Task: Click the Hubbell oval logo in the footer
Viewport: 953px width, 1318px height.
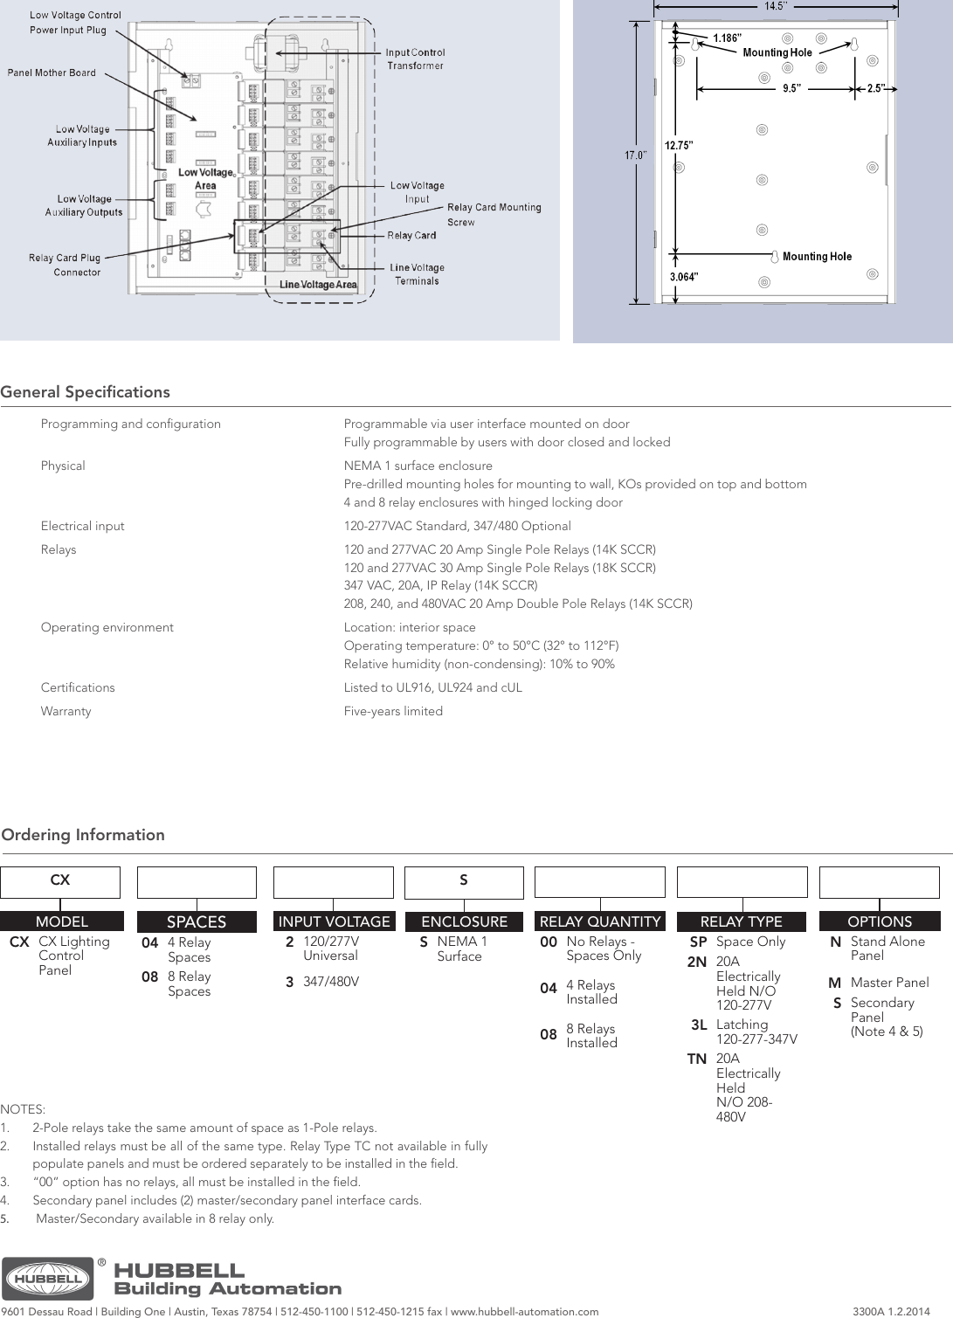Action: click(48, 1279)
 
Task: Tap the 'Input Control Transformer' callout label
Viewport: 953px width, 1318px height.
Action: click(415, 59)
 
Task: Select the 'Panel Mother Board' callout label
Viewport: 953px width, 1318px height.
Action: click(52, 72)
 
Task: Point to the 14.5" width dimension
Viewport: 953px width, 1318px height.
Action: click(775, 6)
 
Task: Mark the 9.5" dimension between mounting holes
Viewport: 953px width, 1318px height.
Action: click(791, 88)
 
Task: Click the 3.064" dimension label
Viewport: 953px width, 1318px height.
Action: click(684, 277)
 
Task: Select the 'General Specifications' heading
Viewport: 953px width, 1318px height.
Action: click(86, 392)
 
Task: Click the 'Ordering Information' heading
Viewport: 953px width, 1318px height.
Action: click(83, 835)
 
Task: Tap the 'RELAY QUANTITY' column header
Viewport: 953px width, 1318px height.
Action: click(600, 921)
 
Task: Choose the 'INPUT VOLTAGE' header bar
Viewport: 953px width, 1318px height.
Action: click(334, 921)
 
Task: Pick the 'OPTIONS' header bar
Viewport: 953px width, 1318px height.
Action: click(880, 921)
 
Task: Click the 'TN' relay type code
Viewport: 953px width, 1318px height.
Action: click(696, 1059)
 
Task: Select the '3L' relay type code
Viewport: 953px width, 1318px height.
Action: click(699, 1025)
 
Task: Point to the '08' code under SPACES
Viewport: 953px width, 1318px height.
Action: click(149, 977)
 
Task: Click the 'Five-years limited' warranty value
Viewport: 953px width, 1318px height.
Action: click(393, 711)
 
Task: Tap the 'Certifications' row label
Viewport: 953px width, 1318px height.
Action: click(78, 687)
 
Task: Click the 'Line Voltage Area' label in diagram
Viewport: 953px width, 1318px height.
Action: click(318, 285)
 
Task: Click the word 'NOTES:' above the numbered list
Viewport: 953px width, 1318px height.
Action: click(23, 1109)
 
